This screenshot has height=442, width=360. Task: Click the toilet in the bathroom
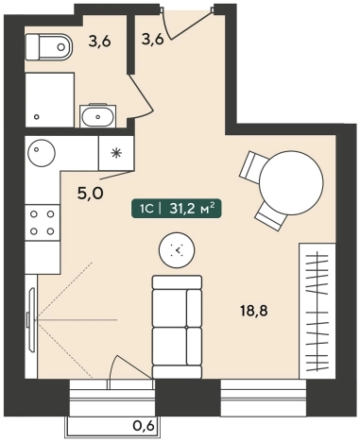point(48,47)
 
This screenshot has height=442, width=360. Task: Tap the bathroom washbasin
point(98,115)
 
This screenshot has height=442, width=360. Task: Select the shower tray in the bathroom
point(49,100)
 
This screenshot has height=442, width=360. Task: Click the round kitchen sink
point(42,153)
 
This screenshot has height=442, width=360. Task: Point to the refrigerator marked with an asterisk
point(116,153)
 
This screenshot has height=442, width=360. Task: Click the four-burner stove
point(43,223)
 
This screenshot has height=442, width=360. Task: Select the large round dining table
point(291,183)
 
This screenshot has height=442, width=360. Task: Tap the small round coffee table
point(177,250)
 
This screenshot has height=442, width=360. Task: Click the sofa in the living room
point(177,327)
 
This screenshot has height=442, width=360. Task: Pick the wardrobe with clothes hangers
point(317,311)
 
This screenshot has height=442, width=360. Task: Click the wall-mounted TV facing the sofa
point(31,319)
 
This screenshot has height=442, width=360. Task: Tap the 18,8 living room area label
point(254,312)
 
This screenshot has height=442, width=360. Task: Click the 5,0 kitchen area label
point(90,194)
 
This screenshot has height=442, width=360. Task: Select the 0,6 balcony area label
point(144,426)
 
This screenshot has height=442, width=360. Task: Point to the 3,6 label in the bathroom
point(99,42)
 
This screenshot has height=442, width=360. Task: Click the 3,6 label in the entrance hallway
point(153,40)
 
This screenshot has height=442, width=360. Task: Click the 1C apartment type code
point(146,209)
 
